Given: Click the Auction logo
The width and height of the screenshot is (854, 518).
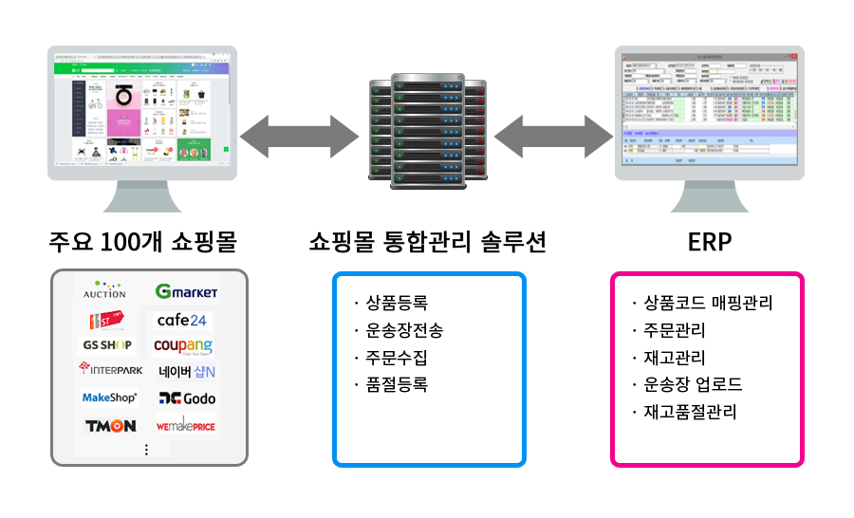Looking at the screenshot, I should tap(104, 289).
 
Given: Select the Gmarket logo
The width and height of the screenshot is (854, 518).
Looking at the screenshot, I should tap(186, 291).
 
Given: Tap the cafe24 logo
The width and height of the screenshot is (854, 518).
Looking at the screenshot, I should tap(182, 320).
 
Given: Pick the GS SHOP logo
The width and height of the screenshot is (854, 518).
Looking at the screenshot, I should tap(107, 344).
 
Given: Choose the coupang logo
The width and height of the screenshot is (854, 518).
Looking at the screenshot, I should tap(184, 346).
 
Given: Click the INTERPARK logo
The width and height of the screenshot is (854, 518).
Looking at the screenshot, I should tap(111, 369).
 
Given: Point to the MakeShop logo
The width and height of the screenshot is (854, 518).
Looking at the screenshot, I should tap(110, 398).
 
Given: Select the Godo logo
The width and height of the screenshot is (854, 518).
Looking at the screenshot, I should tap(187, 398).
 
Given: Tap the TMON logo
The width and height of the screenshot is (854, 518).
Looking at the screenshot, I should tap(110, 426).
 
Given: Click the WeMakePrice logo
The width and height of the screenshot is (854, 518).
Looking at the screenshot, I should tap(186, 426).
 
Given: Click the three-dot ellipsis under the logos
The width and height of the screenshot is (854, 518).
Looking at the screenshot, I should tap(146, 450).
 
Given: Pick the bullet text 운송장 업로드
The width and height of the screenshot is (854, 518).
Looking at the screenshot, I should tap(693, 385).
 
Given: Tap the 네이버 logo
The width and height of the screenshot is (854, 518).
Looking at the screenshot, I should tap(187, 371).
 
